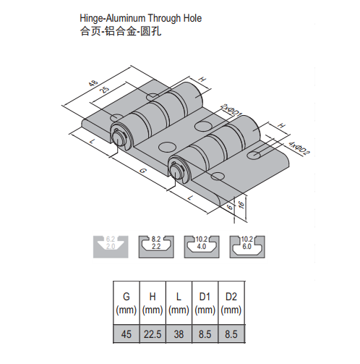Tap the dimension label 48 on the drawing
click(x=93, y=84)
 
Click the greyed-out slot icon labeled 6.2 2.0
click(x=111, y=245)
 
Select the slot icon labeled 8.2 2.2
click(x=156, y=245)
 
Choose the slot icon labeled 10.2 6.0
click(x=247, y=245)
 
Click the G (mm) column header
click(x=126, y=302)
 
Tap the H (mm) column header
click(x=153, y=302)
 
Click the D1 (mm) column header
click(x=204, y=302)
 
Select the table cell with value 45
click(x=126, y=334)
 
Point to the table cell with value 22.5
click(x=153, y=334)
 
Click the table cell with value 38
click(x=178, y=334)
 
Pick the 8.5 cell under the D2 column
click(x=231, y=334)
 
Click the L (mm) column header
click(x=178, y=302)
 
